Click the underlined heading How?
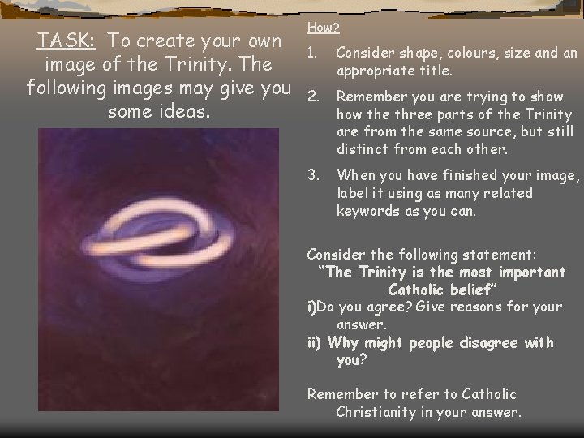coord(324,28)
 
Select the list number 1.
coord(311,54)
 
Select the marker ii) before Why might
coord(316,342)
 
